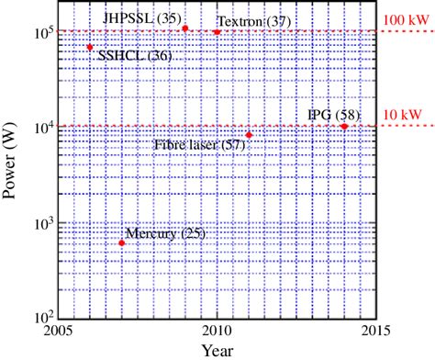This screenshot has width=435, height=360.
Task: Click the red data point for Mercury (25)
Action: pyautogui.click(x=122, y=242)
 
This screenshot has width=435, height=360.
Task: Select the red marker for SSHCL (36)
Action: pyautogui.click(x=90, y=47)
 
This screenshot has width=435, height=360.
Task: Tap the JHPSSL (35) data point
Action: pyautogui.click(x=185, y=28)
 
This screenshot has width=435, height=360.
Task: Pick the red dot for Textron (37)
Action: pyautogui.click(x=217, y=32)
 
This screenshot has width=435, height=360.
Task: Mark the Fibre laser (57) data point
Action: pyautogui.click(x=249, y=135)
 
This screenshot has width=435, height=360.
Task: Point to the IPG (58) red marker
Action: pyautogui.click(x=344, y=126)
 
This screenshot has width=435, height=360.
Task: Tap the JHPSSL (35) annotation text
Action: pyautogui.click(x=142, y=17)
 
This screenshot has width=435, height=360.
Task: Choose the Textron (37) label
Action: pyautogui.click(x=251, y=21)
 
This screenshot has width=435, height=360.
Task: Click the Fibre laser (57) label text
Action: pyautogui.click(x=199, y=144)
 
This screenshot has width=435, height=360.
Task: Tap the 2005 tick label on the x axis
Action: pyautogui.click(x=59, y=332)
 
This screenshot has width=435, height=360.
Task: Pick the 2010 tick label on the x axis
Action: pyautogui.click(x=217, y=332)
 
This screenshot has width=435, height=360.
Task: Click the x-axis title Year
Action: pyautogui.click(x=217, y=350)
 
